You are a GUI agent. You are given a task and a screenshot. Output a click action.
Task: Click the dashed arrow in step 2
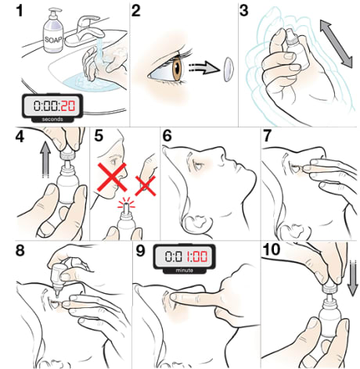pyautogui.click(x=202, y=68)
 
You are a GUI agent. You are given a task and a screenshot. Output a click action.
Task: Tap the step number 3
pyautogui.click(x=245, y=11)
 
